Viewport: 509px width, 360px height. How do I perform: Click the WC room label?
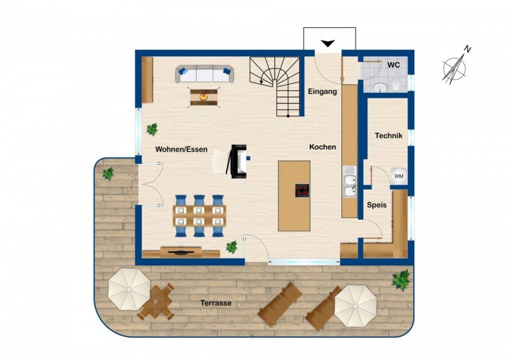click(393, 65)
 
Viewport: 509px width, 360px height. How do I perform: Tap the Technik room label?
click(388, 135)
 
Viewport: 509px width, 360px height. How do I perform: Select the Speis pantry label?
click(376, 205)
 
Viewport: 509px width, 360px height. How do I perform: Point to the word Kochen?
click(323, 147)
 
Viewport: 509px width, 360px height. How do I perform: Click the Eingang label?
click(323, 92)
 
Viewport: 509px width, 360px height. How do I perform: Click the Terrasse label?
click(216, 303)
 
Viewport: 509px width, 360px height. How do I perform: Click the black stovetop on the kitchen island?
click(302, 190)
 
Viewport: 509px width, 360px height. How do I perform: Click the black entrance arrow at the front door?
click(329, 43)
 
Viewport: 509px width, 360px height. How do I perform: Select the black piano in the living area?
click(238, 161)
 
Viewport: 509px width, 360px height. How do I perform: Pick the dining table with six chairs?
click(199, 216)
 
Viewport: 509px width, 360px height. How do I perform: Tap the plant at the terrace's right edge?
click(401, 279)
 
